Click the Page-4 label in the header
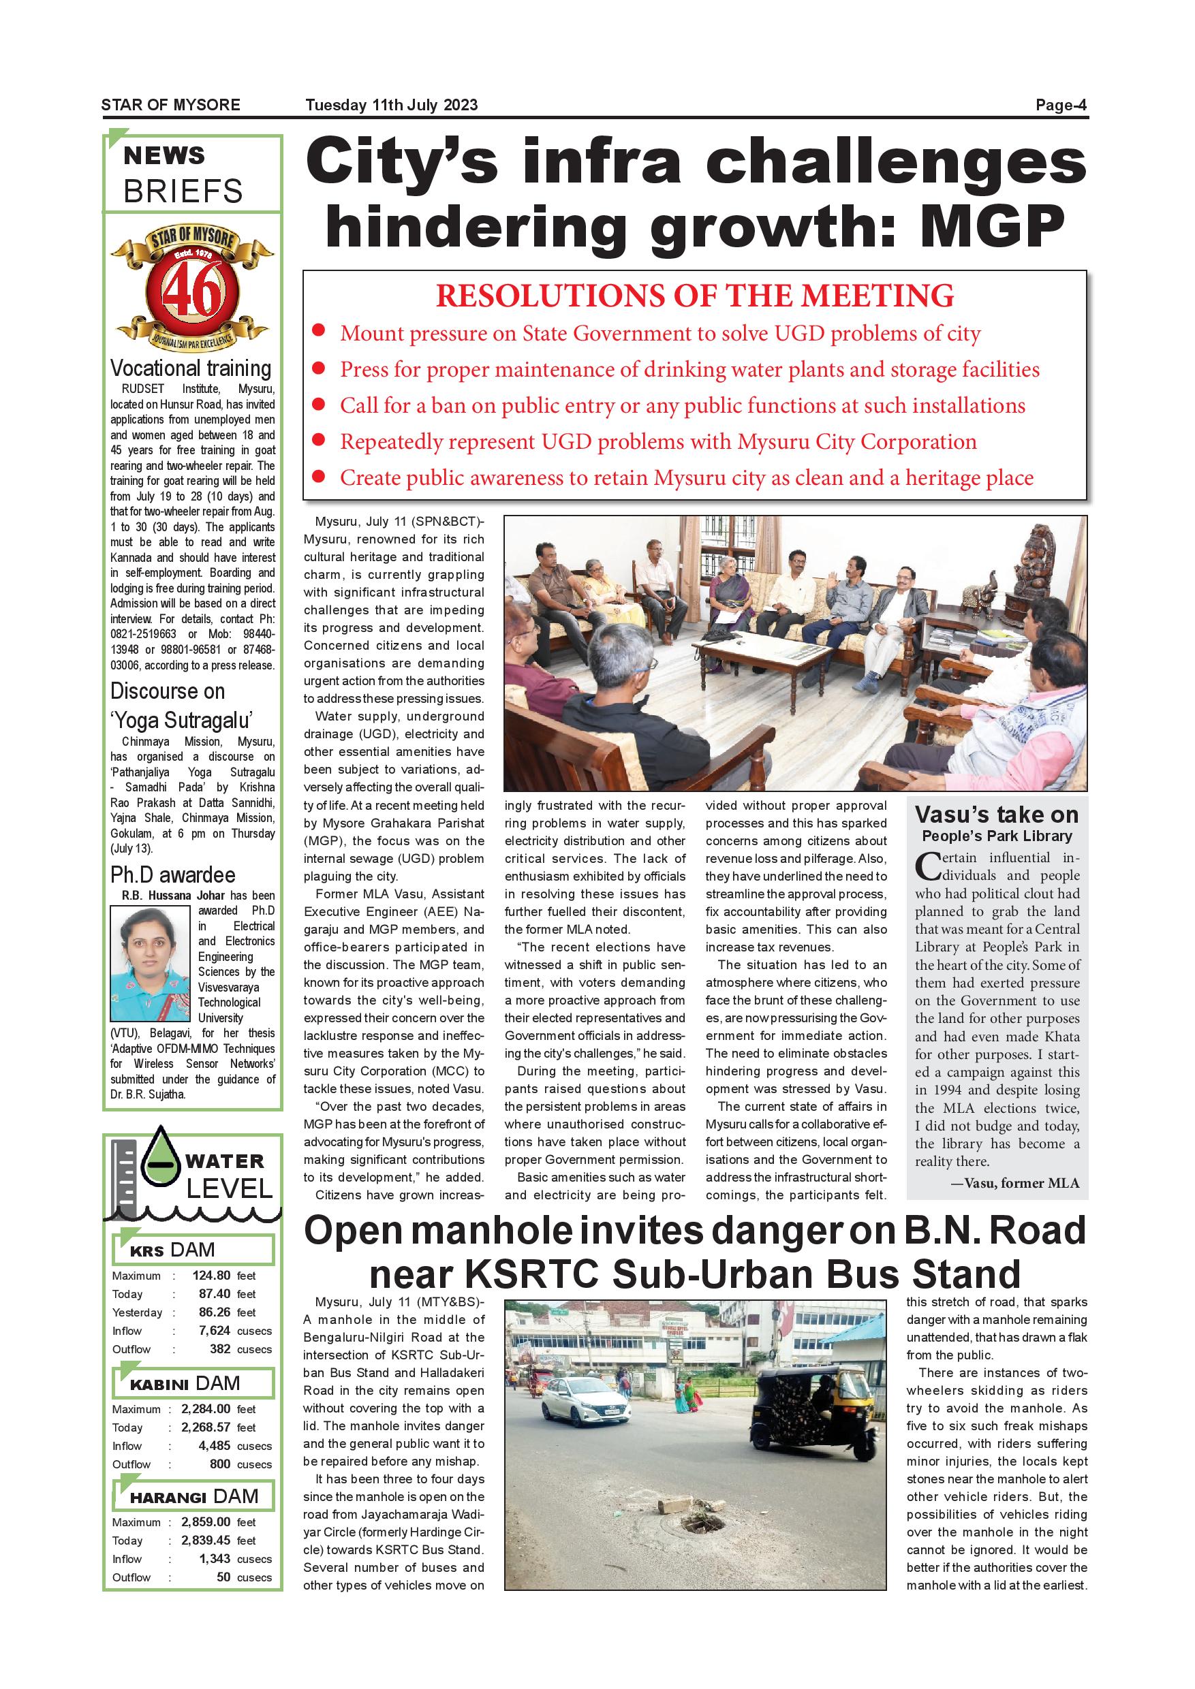[x=1060, y=105]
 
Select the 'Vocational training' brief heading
[x=191, y=368]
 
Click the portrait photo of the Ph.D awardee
[x=149, y=963]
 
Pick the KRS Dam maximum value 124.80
[x=211, y=1275]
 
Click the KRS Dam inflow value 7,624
[x=214, y=1330]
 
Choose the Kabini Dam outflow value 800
[x=220, y=1463]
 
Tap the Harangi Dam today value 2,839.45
[x=206, y=1540]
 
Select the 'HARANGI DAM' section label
[x=193, y=1496]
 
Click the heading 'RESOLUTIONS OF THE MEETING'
[x=695, y=296]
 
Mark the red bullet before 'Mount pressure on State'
[x=319, y=332]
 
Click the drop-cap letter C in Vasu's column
[x=928, y=866]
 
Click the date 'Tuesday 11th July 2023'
[x=392, y=105]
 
